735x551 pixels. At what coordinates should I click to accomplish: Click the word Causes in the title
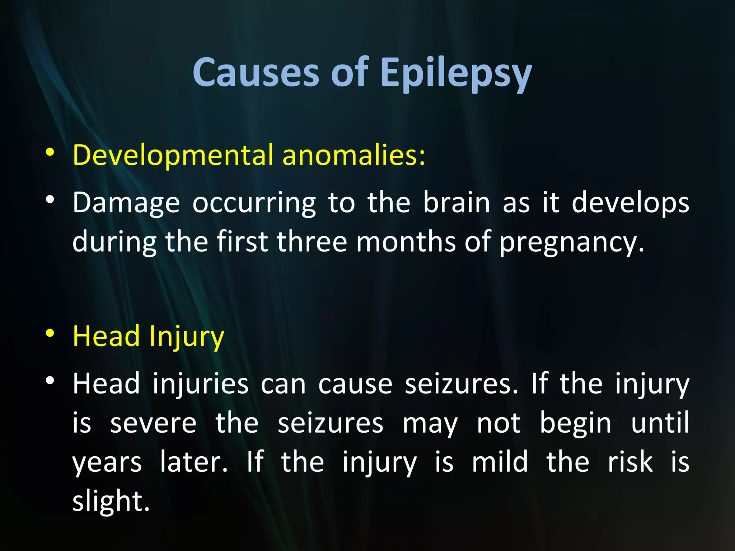(x=256, y=73)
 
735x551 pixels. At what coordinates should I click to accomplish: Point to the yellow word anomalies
(x=353, y=155)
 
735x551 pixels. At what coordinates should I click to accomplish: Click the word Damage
(x=126, y=203)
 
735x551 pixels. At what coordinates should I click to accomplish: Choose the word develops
(x=630, y=203)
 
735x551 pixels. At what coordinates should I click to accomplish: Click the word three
(x=312, y=242)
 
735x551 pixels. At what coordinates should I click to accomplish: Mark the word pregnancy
(x=572, y=242)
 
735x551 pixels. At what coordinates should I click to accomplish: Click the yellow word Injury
(x=187, y=337)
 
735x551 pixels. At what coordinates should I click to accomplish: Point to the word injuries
(x=200, y=384)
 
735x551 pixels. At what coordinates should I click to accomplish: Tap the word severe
(x=153, y=423)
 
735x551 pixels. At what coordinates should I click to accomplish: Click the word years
(x=107, y=463)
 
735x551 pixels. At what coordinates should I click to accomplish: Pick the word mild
(x=500, y=462)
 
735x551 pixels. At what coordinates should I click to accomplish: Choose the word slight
(x=111, y=501)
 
